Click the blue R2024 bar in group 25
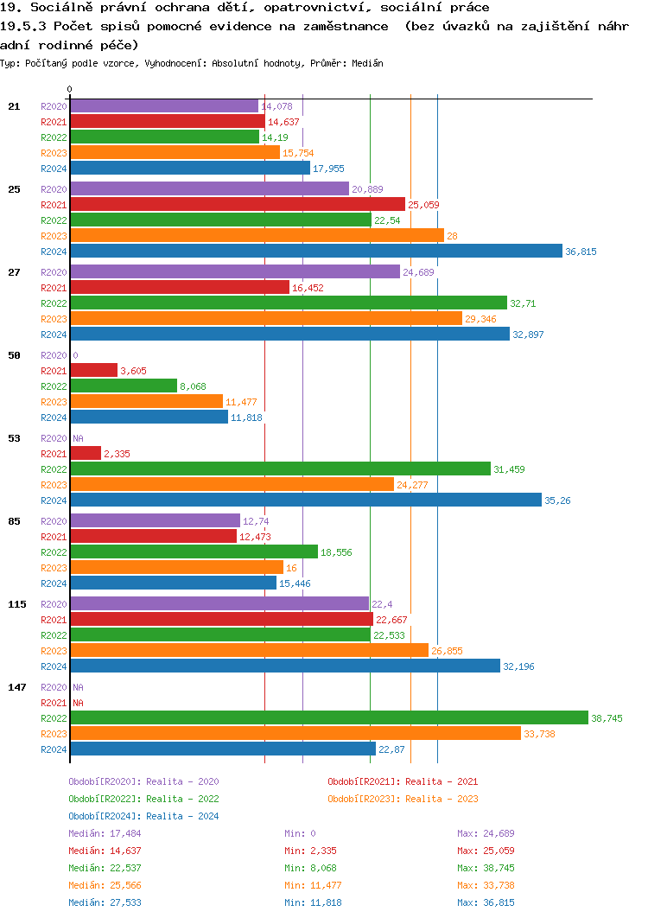316,251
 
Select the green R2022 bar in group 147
328,717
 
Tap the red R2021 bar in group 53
86,453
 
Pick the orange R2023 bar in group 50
146,401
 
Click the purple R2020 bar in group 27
235,271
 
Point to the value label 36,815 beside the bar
581,252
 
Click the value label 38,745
607,718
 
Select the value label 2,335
117,454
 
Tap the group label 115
17,604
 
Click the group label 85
14,521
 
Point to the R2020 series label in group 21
54,106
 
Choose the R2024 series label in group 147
54,749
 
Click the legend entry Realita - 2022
143,799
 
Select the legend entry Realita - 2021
403,781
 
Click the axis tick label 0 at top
70,89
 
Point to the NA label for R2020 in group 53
78,438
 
